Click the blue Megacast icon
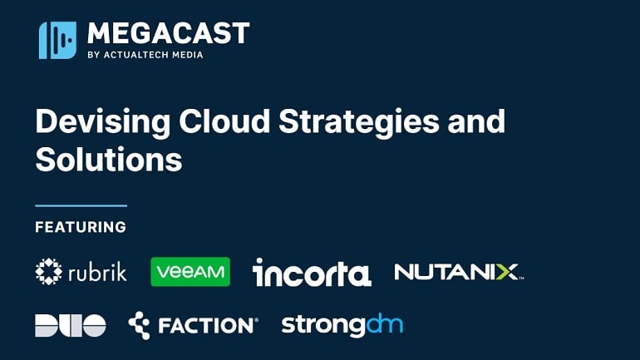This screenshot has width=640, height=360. tap(57, 40)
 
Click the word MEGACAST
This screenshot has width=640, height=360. tap(168, 33)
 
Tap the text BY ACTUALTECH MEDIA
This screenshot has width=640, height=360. tap(145, 55)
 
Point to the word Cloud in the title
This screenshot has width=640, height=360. tap(224, 121)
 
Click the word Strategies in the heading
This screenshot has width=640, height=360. tap(359, 122)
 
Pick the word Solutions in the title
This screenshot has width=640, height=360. tap(109, 159)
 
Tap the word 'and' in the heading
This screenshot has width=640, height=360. tap(476, 121)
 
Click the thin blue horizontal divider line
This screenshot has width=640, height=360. tap(81, 205)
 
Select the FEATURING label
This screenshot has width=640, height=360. tap(81, 227)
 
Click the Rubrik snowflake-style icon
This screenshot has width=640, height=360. tap(48, 271)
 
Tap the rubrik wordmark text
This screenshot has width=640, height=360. tap(97, 272)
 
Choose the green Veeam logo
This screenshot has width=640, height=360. tap(190, 272)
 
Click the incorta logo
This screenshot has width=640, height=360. tap(312, 272)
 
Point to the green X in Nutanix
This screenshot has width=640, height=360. tap(507, 272)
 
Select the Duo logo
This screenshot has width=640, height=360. tap(71, 325)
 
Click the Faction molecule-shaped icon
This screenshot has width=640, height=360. tap(139, 325)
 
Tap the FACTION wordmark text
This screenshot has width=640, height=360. tap(208, 326)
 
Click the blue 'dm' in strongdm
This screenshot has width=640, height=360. tap(385, 323)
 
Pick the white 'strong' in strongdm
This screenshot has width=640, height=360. tap(323, 326)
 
